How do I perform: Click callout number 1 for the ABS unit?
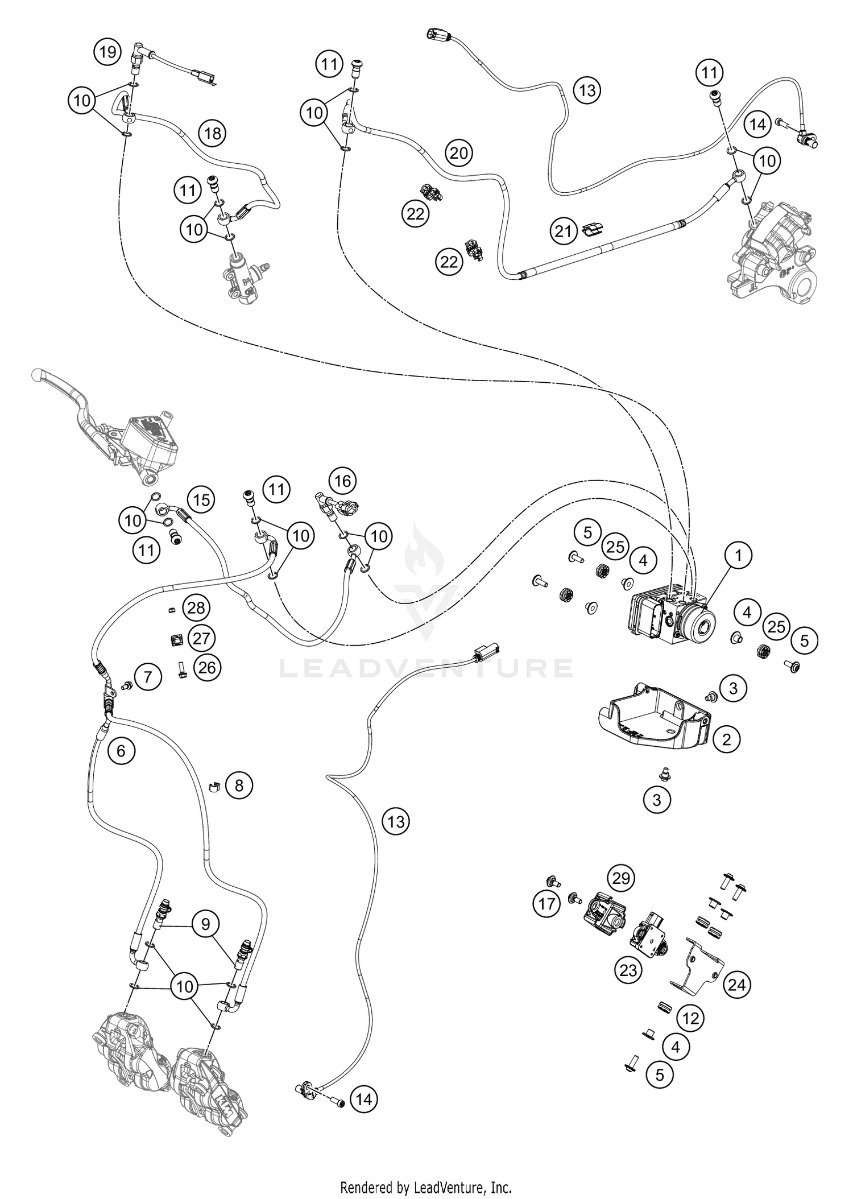739,555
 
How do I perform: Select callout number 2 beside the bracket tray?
726,739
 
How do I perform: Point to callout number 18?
213,134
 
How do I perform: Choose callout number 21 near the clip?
563,231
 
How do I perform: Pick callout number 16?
342,482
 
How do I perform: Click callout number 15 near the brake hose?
201,500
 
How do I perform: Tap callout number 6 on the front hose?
121,751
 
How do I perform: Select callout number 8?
239,786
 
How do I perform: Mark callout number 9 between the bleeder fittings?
205,924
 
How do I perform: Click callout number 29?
621,879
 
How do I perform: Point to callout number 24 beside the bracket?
736,984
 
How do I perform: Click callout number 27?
201,638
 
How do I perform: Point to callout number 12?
690,1018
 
